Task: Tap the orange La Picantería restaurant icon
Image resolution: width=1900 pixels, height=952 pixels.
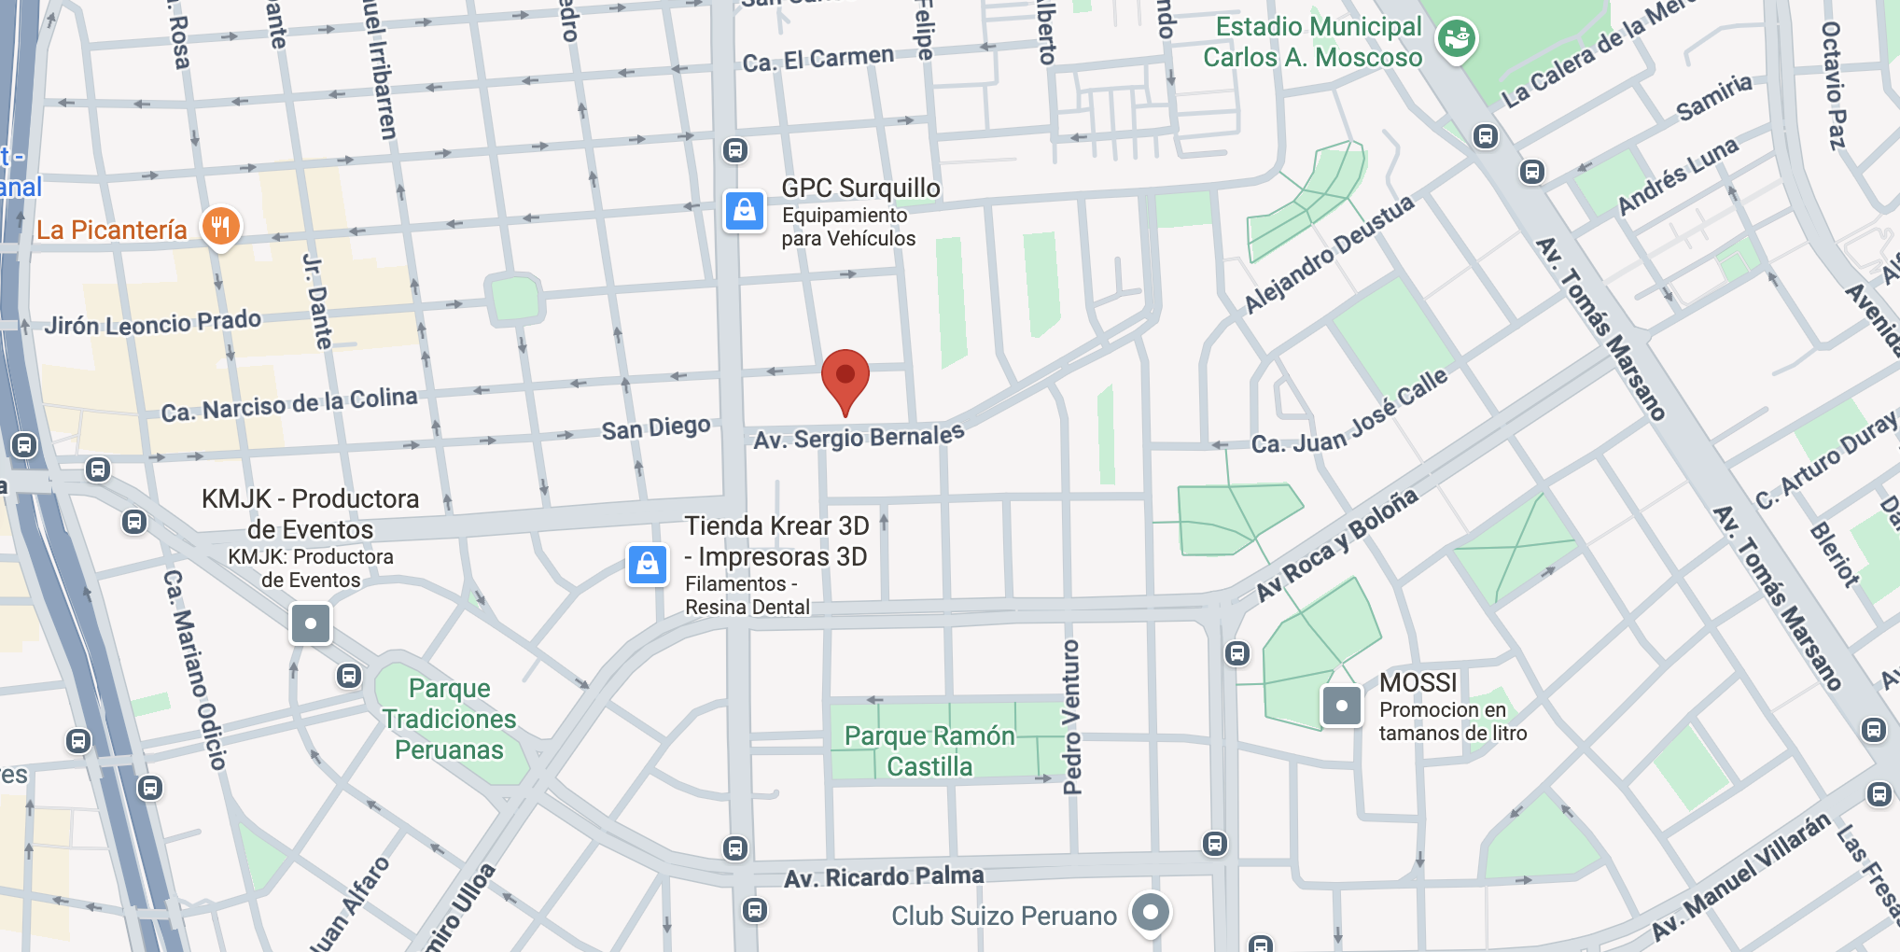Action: tap(221, 226)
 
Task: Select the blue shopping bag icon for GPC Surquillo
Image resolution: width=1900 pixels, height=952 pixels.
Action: tap(745, 211)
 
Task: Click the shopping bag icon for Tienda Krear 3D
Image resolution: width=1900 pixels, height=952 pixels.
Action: tap(648, 565)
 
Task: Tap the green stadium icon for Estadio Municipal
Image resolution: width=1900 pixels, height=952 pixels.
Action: tap(1456, 39)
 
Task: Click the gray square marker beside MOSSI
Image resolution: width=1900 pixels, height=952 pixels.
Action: tap(1342, 706)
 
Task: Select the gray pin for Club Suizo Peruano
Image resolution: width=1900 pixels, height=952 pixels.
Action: tap(1151, 912)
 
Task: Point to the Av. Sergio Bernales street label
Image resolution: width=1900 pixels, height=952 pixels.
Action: tap(859, 437)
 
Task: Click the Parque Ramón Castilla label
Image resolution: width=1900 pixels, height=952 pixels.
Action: tap(929, 750)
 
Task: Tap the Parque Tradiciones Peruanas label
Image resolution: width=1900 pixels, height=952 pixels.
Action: tap(449, 719)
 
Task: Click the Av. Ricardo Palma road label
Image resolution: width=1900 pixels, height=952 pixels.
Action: tap(884, 876)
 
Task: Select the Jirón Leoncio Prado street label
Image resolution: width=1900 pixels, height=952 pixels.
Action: tap(153, 323)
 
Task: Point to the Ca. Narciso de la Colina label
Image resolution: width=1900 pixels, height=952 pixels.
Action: tap(289, 405)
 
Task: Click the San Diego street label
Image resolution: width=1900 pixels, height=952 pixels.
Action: tap(656, 428)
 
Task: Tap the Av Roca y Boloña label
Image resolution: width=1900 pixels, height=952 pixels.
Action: tap(1336, 545)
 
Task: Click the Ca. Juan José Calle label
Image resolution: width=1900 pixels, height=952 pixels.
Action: tap(1349, 412)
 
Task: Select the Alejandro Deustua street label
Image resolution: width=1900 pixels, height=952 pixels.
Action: tap(1329, 255)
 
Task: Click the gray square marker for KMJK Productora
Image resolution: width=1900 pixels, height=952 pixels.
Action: tap(311, 623)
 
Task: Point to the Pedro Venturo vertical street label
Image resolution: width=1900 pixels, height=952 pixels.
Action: tap(1071, 717)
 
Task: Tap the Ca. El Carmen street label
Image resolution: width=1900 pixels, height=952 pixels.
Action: tap(818, 59)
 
